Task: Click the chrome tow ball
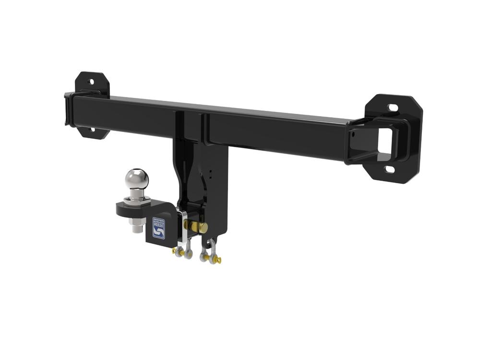pyautogui.click(x=136, y=179)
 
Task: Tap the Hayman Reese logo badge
pyautogui.click(x=158, y=228)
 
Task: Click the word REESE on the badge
pyautogui.click(x=158, y=223)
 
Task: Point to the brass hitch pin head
pyautogui.click(x=203, y=227)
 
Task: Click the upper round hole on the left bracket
pyautogui.click(x=92, y=82)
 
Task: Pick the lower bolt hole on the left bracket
pyautogui.click(x=93, y=129)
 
